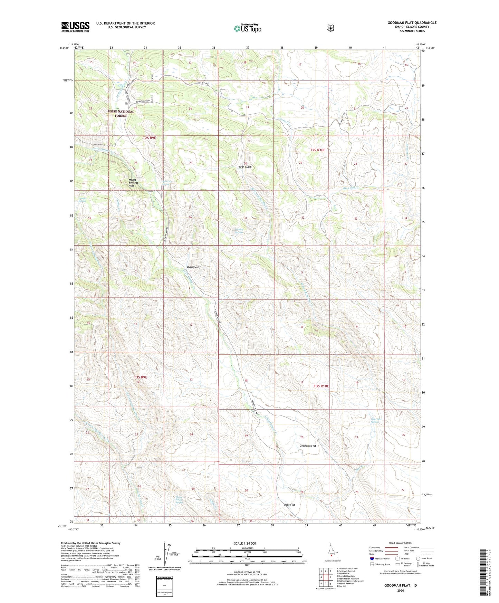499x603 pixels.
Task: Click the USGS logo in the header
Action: tap(75, 27)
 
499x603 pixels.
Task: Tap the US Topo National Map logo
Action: tap(247, 28)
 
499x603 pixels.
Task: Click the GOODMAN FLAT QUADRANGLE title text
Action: tap(412, 23)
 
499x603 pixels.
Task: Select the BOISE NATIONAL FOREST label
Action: tap(121, 114)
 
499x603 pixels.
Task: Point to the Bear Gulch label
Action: tap(245, 167)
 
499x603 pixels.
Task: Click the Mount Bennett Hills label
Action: tap(132, 183)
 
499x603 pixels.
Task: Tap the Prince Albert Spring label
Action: tap(179, 500)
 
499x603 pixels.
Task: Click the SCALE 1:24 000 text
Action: tap(245, 543)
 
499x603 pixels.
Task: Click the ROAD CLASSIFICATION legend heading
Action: tap(401, 543)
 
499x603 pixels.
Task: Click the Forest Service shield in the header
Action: tap(330, 28)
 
